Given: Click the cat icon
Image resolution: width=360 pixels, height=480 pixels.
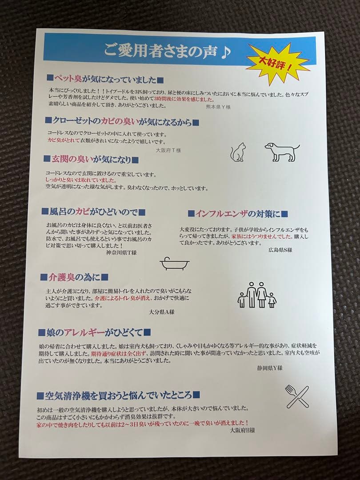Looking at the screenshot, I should point(237,152).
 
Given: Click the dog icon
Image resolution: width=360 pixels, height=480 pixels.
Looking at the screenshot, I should point(281,152).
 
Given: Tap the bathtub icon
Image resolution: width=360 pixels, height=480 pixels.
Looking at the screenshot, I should point(174,264).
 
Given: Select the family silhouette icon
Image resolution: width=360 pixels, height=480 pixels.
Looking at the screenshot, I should point(257,295).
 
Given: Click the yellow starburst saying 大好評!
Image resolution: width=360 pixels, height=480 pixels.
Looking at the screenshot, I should point(277,64).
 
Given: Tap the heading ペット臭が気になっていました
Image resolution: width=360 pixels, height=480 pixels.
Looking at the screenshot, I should point(105,80).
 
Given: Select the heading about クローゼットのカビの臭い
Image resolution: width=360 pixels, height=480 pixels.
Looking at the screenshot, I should point(122,121).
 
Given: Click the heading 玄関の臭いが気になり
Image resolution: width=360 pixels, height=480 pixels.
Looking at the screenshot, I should point(91,159).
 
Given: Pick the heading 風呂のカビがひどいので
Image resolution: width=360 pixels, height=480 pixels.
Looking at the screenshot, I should point(93,212).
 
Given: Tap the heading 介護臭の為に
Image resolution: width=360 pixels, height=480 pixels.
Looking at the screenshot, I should point(74,277).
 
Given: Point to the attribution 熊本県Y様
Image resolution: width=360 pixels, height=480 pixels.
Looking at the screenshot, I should point(218,107).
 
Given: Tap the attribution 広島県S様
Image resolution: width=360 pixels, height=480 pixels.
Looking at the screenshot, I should point(280,250).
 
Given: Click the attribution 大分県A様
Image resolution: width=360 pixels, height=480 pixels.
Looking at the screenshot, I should point(162,312).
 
